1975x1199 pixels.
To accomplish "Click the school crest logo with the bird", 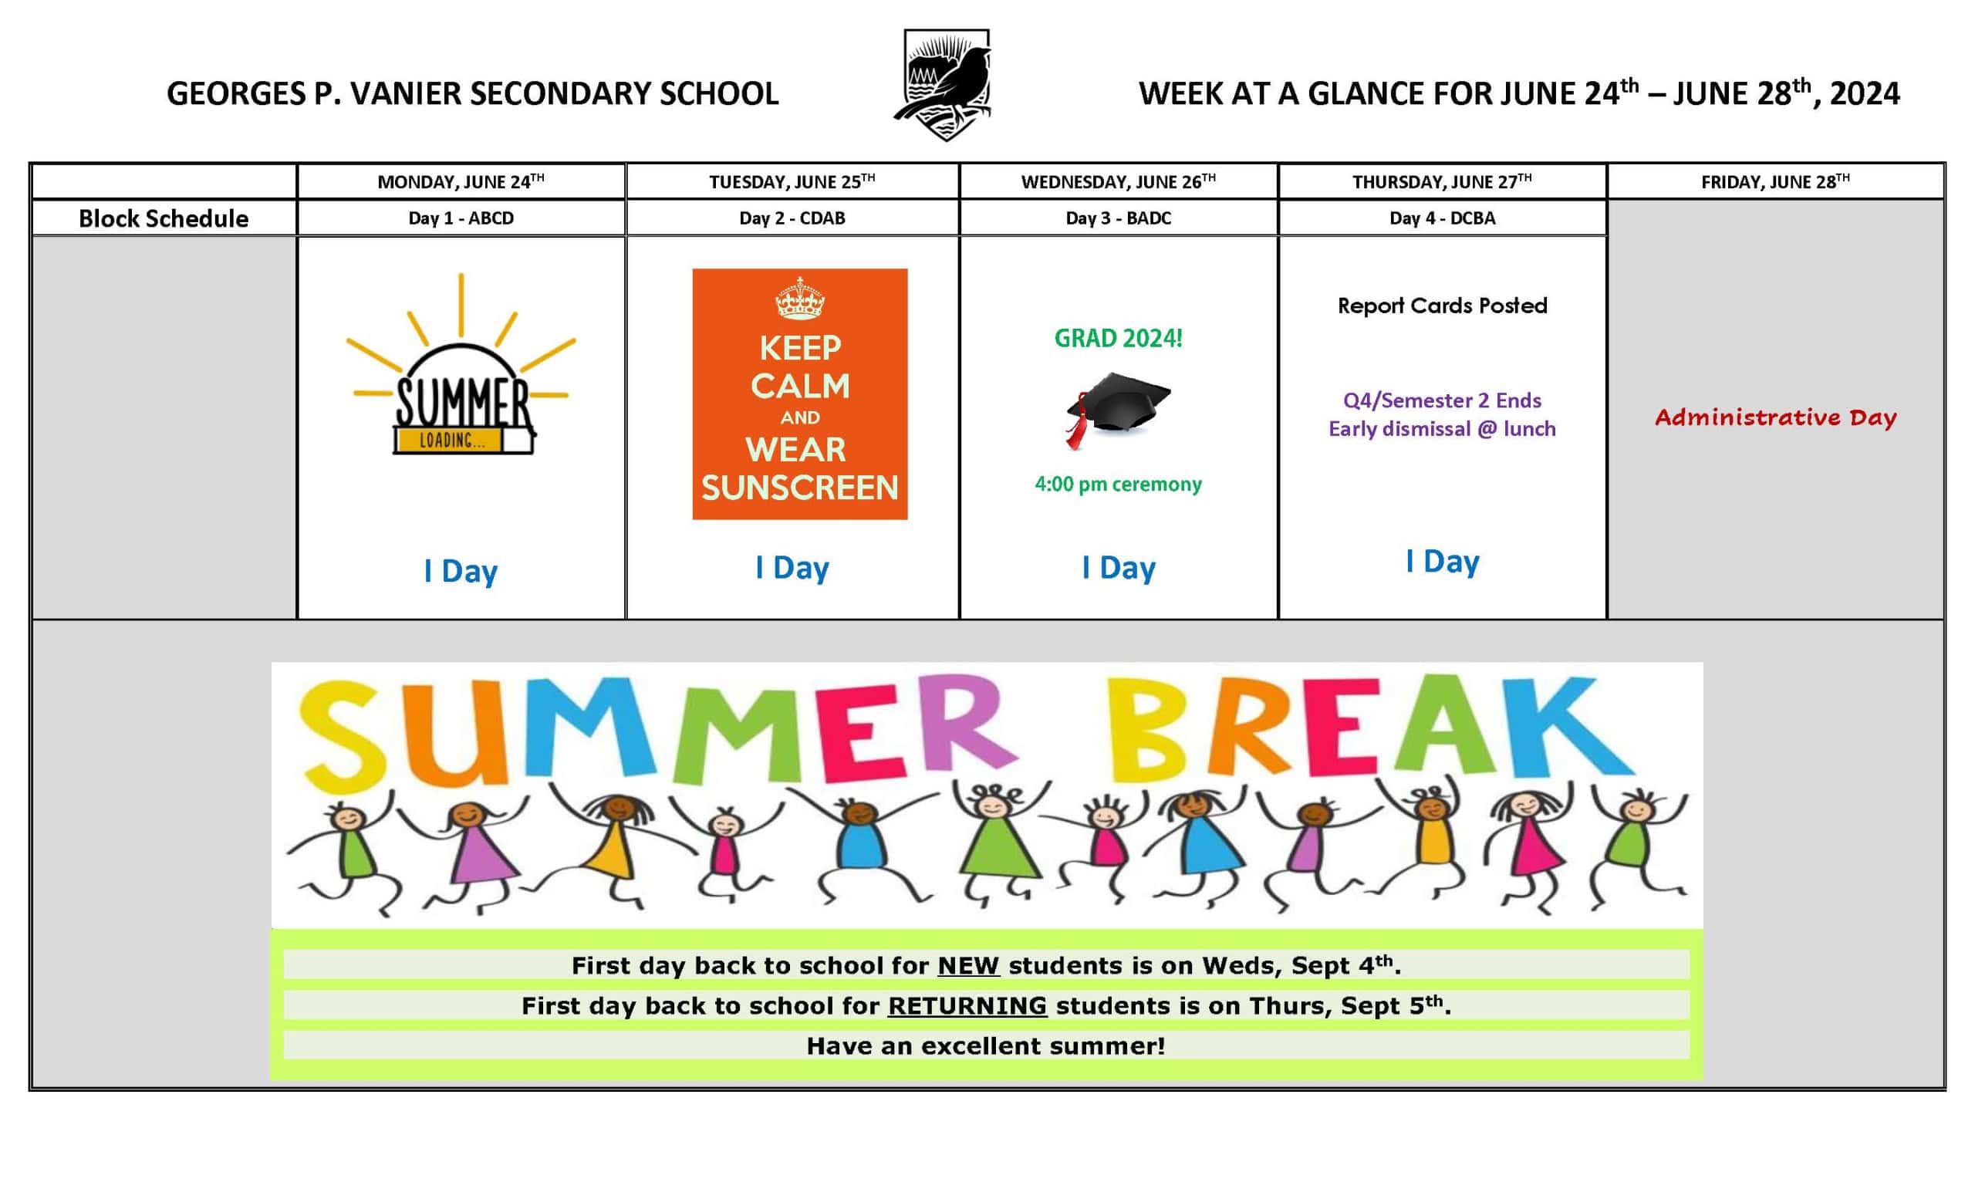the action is click(944, 84).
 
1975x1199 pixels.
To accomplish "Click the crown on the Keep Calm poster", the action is click(799, 299).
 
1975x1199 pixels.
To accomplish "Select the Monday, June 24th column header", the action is click(461, 182).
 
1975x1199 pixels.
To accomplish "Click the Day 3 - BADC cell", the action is click(1118, 218).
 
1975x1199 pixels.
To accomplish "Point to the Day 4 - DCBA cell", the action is click(1442, 218).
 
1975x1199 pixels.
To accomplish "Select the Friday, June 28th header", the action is click(1775, 182).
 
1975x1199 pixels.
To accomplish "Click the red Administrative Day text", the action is click(1775, 417).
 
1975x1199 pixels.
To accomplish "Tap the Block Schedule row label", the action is click(164, 218).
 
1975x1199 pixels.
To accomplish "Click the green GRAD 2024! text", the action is click(1118, 338).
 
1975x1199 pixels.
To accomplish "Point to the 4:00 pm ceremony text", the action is click(1118, 484).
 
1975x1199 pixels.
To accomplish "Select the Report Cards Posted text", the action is click(1442, 306).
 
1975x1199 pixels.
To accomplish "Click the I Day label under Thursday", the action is click(1442, 562).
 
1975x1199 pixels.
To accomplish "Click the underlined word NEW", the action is click(968, 966).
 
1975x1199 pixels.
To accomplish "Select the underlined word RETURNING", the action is click(967, 1006).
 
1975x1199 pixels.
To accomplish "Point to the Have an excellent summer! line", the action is click(986, 1046).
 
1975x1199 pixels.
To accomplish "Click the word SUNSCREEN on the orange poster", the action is click(800, 488).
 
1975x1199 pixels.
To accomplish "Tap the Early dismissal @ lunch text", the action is click(1442, 429).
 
